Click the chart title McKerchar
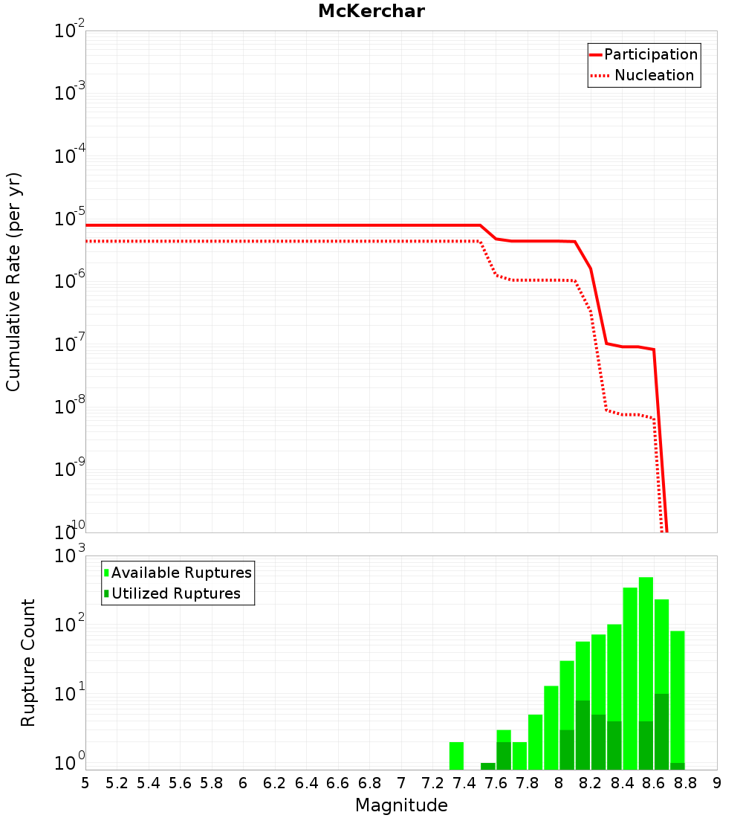pos(371,11)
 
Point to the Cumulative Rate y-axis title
pos(14,281)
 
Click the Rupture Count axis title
pos(28,663)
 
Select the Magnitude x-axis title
pos(401,805)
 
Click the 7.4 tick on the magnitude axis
pos(464,783)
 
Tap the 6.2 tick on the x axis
pos(275,783)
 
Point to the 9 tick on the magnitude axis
pos(717,783)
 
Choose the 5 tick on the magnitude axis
pos(85,783)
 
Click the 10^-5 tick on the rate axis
pos(69,219)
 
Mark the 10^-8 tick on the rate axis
pos(69,407)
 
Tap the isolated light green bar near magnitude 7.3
pos(456,756)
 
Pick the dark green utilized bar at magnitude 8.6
pos(661,732)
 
